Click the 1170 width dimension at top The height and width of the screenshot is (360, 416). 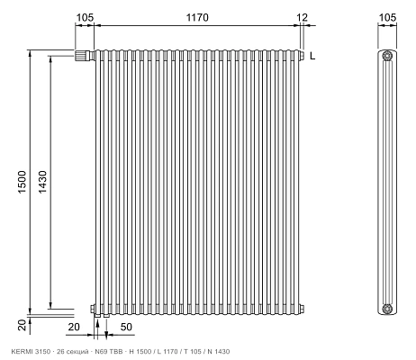(197, 17)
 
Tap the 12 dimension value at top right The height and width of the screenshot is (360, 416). (303, 17)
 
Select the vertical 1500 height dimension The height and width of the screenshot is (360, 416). (23, 182)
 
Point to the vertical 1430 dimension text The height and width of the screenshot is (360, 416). (42, 182)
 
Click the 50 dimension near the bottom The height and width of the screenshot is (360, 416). (126, 327)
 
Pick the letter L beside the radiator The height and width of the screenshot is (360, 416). (312, 56)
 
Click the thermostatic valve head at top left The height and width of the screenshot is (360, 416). (82, 56)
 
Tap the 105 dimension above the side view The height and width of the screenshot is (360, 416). (387, 17)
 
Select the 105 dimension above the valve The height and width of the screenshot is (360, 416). (85, 17)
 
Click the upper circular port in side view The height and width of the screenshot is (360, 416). (387, 56)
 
